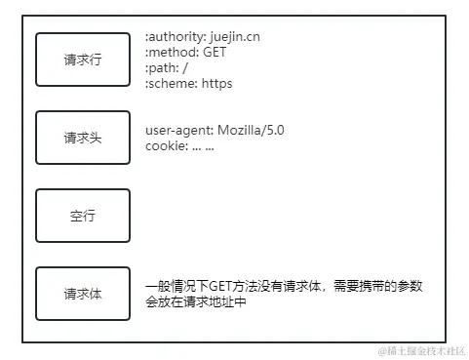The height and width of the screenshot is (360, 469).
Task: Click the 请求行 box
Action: tap(83, 60)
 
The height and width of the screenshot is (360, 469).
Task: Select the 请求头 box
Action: tap(83, 138)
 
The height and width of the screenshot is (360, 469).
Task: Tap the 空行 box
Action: tap(83, 216)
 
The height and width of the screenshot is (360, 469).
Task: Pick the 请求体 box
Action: tap(83, 294)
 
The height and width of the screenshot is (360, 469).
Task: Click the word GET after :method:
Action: tap(215, 53)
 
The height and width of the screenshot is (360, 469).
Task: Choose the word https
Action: tap(216, 84)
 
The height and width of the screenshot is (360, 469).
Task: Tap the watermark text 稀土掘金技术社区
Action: tap(419, 350)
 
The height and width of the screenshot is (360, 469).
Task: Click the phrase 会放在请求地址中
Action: tap(195, 301)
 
